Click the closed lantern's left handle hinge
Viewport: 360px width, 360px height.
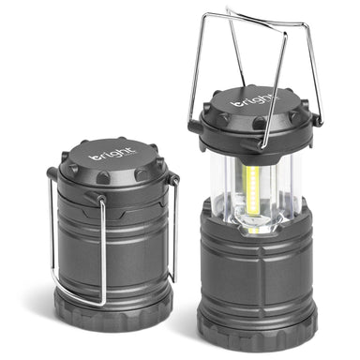(x=52, y=174)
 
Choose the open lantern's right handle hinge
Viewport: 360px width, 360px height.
(x=316, y=119)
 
